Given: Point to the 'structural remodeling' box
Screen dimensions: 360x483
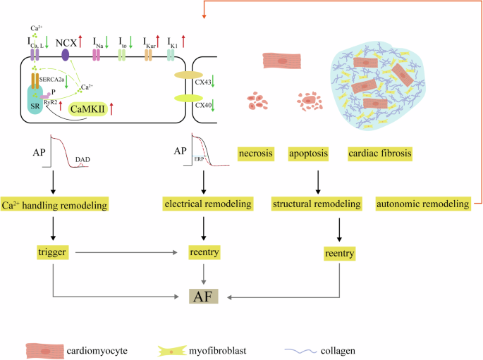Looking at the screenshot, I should (x=317, y=205).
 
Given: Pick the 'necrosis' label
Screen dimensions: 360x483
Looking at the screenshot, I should (x=256, y=153).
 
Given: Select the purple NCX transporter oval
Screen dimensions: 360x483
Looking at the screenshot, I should (x=66, y=54).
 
